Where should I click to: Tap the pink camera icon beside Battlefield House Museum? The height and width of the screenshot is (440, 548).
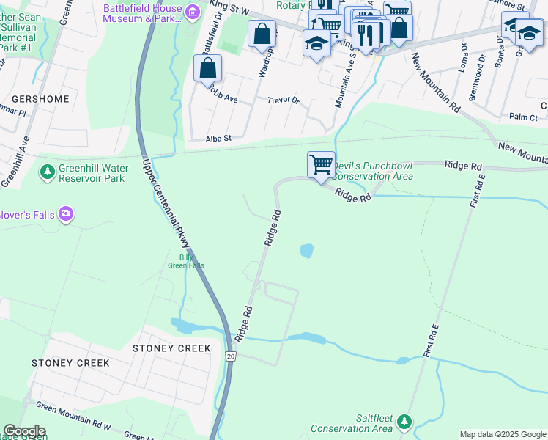[x=193, y=12]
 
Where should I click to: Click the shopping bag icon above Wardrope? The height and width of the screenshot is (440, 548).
[x=262, y=34]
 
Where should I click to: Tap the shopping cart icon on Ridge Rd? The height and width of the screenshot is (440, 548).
[x=321, y=165]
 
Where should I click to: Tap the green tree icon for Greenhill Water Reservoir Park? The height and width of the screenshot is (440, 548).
[x=47, y=172]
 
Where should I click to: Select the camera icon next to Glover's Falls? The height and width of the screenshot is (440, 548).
[x=67, y=213]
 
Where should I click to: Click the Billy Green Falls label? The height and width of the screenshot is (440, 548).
[x=191, y=261]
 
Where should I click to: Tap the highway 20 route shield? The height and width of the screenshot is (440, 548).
[x=231, y=356]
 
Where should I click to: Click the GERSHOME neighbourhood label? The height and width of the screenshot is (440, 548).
[x=40, y=99]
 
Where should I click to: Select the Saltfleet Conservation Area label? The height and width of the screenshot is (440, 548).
[x=352, y=423]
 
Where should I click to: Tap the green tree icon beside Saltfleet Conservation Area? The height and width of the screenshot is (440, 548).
[x=404, y=422]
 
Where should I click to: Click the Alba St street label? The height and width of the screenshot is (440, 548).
[x=218, y=138]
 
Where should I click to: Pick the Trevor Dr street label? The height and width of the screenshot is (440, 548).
[x=284, y=100]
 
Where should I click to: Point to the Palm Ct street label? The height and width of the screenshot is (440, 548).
[x=523, y=117]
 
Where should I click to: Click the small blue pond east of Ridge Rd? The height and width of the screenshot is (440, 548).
[x=306, y=252]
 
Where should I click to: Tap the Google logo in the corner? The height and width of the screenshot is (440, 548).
[x=23, y=431]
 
